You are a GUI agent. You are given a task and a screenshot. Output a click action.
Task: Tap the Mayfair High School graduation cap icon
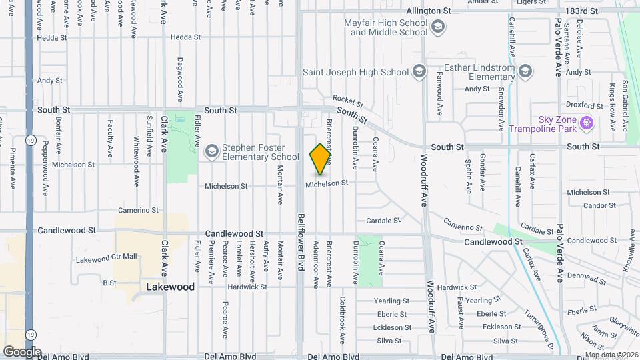[x=438, y=27]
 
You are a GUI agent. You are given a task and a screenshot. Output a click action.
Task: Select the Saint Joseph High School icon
[x=419, y=71]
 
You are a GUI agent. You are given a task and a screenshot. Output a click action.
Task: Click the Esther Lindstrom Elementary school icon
[x=525, y=71]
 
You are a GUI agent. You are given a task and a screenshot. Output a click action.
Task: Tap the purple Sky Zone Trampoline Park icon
[x=586, y=123]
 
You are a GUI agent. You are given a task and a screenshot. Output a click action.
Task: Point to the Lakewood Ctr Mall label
[x=106, y=258]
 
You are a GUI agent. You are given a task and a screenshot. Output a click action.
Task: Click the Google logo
[x=22, y=352]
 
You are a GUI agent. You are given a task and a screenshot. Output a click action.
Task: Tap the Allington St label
[x=429, y=11]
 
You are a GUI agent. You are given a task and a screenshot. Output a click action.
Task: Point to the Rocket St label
[x=347, y=101]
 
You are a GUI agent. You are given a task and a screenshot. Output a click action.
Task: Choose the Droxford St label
[x=584, y=105]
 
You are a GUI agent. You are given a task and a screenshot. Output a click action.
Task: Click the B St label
[x=109, y=283]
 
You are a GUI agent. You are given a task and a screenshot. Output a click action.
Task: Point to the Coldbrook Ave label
[x=342, y=320]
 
